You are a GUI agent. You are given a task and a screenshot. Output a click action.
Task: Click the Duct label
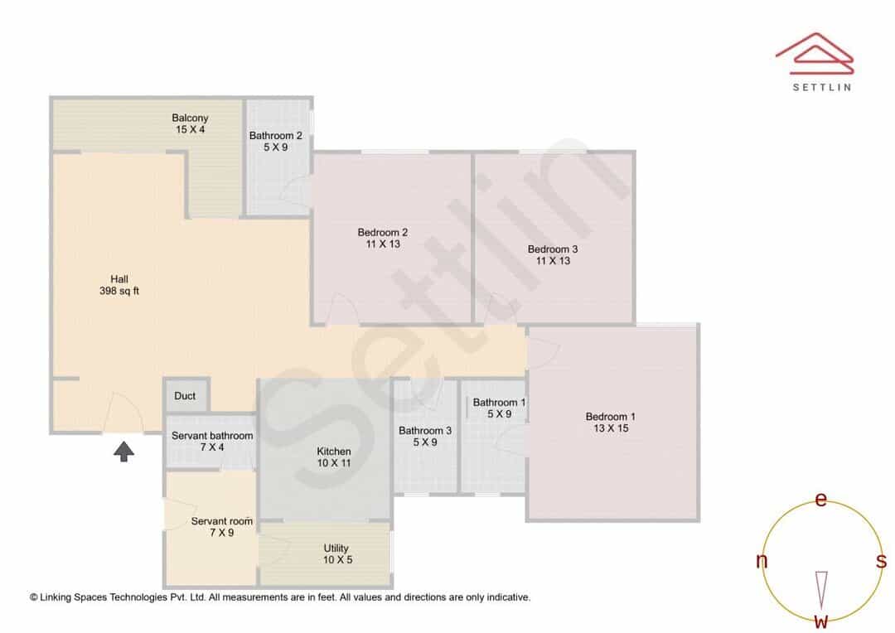[x=185, y=395]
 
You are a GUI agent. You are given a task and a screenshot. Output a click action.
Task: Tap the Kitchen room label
[x=334, y=452]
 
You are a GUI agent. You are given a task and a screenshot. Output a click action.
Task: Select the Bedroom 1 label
[x=610, y=417]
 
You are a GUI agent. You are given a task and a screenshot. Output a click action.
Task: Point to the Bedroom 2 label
[x=382, y=232]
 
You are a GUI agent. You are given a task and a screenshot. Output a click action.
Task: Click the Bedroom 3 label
[x=553, y=249]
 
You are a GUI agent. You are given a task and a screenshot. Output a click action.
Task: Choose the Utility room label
[x=336, y=548]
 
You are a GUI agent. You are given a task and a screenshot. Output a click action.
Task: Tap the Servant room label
[x=221, y=521]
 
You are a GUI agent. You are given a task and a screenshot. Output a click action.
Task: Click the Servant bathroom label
[x=212, y=436]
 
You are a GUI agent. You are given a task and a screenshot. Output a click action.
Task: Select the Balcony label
[x=190, y=118]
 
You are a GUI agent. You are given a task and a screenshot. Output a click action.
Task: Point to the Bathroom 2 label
[x=276, y=135]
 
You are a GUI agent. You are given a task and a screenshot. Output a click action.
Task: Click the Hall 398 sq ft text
[x=119, y=285]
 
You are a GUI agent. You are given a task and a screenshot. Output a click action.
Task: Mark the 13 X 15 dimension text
[x=611, y=428]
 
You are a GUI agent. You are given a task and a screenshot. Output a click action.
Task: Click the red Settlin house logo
[x=815, y=54]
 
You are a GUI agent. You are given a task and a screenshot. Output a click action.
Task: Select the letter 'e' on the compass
[x=820, y=500]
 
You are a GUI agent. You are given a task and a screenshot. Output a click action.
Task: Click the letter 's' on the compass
[x=881, y=561]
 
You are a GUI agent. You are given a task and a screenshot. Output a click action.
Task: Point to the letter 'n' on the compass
[x=762, y=561]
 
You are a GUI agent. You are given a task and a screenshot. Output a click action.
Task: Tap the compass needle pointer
[x=821, y=590]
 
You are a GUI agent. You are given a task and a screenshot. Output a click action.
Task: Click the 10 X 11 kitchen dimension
[x=334, y=463]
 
